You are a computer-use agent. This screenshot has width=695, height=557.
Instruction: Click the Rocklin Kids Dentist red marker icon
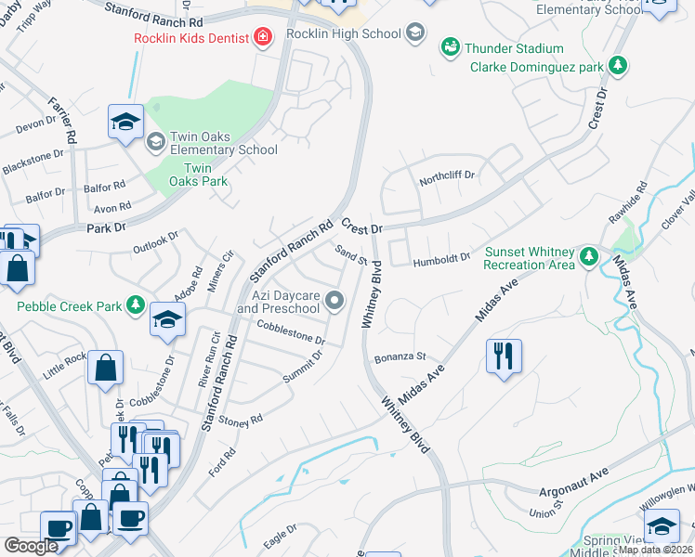pos(263,37)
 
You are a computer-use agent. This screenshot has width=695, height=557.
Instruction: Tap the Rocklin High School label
pos(343,34)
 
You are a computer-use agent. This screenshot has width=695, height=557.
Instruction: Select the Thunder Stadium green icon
pos(451,46)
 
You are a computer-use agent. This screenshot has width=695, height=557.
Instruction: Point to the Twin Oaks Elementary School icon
pos(155,141)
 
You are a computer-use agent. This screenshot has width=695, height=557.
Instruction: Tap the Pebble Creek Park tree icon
pos(136,305)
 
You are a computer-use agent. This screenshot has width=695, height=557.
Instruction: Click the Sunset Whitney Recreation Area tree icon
pos(587,255)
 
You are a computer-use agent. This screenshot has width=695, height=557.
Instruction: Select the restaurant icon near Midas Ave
pos(503,356)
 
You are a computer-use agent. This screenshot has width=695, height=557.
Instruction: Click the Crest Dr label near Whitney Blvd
pos(361,227)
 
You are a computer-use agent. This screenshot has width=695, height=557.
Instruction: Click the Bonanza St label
pos(400,356)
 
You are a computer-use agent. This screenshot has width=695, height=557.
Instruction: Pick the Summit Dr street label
pos(302,367)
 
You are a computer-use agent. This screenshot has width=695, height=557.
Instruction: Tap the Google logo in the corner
pos(31,545)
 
